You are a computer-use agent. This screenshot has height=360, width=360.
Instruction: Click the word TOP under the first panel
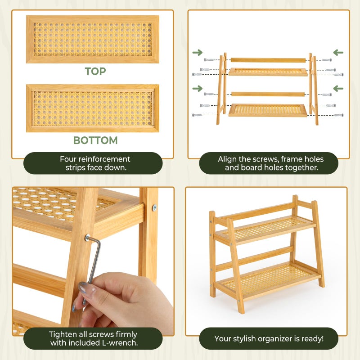coord(95,71)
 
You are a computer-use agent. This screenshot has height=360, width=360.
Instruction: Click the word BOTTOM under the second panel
coord(95,140)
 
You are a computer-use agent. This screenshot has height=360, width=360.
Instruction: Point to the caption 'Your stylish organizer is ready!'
coord(269,338)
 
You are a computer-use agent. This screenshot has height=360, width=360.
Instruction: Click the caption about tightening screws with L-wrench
coord(93,338)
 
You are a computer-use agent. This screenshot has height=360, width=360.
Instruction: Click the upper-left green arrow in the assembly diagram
coord(197,53)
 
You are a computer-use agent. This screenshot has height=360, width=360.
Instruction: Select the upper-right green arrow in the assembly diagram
coord(338,53)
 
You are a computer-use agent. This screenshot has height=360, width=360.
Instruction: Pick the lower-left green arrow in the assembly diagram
coord(197,88)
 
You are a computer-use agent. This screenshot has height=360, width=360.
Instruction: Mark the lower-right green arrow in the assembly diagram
coord(338,88)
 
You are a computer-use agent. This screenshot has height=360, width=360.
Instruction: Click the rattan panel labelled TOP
coord(93,39)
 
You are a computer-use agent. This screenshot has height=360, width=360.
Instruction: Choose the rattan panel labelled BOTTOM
coord(93,108)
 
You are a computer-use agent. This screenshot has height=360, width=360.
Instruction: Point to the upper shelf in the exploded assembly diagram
coord(268,72)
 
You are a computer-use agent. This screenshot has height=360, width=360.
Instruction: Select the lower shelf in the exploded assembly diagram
coord(269,110)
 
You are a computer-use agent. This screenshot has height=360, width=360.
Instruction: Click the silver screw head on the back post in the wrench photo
coord(154,208)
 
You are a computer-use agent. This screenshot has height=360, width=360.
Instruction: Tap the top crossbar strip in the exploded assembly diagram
coord(268,59)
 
